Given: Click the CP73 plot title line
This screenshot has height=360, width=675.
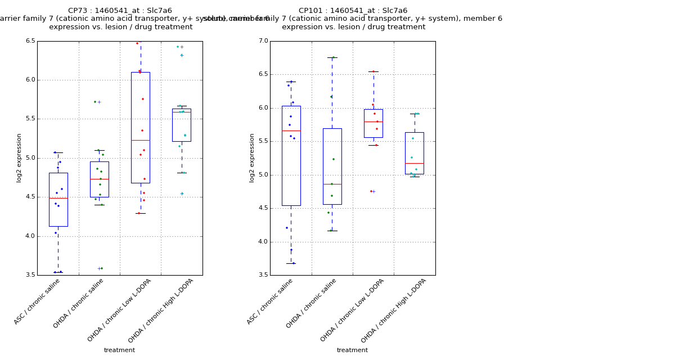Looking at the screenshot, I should tap(120, 11).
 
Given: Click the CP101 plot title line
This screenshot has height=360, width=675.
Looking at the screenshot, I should tap(353, 11).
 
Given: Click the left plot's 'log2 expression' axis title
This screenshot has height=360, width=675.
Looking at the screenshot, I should tap(19, 158).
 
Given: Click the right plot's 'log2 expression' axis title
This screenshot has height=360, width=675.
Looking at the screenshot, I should tap(251, 158).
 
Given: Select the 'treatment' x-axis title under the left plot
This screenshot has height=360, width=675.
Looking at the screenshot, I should tap(119, 350).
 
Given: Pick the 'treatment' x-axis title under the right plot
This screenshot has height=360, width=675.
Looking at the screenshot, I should tap(352, 350).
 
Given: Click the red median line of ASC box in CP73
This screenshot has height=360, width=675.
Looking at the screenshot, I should tap(58, 198).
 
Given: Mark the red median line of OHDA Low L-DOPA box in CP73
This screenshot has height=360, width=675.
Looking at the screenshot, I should tap(141, 140).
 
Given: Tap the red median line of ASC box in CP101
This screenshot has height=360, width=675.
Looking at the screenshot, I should tap(291, 130).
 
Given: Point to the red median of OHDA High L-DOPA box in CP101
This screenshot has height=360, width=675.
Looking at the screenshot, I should tap(415, 163).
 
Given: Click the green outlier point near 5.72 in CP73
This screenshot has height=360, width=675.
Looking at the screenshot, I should tap(95, 102).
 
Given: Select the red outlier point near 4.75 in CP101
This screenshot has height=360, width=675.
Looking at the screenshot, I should tap(371, 191).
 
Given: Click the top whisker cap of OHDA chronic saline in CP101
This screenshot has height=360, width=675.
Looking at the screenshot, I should tap(332, 57).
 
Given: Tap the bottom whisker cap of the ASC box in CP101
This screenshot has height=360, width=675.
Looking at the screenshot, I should tap(291, 263).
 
